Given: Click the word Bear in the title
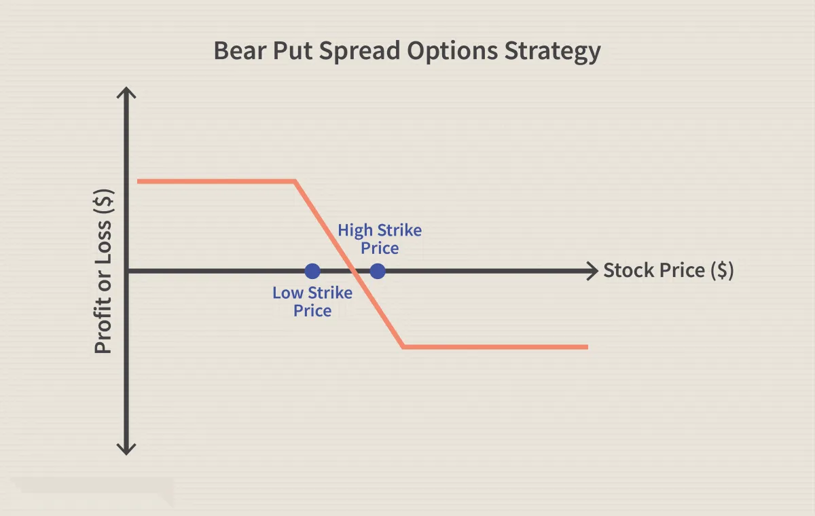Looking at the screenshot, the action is (240, 51).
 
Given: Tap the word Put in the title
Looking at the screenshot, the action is (293, 51).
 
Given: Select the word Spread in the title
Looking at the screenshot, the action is (359, 52).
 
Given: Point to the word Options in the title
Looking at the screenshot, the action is (452, 52).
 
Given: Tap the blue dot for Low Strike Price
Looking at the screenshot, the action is (312, 272).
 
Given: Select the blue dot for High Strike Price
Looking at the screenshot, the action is (378, 272).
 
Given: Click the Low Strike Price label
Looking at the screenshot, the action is (312, 302).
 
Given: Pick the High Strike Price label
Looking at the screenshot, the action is (380, 239).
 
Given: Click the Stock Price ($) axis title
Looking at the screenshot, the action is (669, 270).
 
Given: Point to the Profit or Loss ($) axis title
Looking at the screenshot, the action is (103, 272).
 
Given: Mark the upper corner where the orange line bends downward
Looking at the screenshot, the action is (295, 181).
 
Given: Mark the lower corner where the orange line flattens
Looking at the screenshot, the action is (403, 347).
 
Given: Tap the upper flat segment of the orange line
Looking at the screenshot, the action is (216, 181).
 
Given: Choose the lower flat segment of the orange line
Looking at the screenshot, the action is (496, 347).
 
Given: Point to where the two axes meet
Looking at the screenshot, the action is (126, 272).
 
